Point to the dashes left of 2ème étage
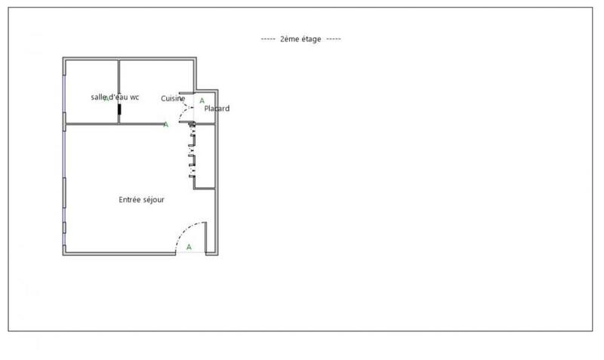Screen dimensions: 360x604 268,38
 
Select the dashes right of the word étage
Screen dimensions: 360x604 334,38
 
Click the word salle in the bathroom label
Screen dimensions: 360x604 100,97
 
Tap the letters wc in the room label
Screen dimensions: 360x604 135,97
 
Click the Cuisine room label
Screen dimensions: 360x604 173,98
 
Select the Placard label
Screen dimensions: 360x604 217,109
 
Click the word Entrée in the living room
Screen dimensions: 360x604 131,200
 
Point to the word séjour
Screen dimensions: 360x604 154,200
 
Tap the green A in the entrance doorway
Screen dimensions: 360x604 189,247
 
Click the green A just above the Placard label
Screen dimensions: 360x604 202,100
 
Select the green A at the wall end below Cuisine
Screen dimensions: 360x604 166,125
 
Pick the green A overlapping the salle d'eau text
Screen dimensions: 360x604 107,99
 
